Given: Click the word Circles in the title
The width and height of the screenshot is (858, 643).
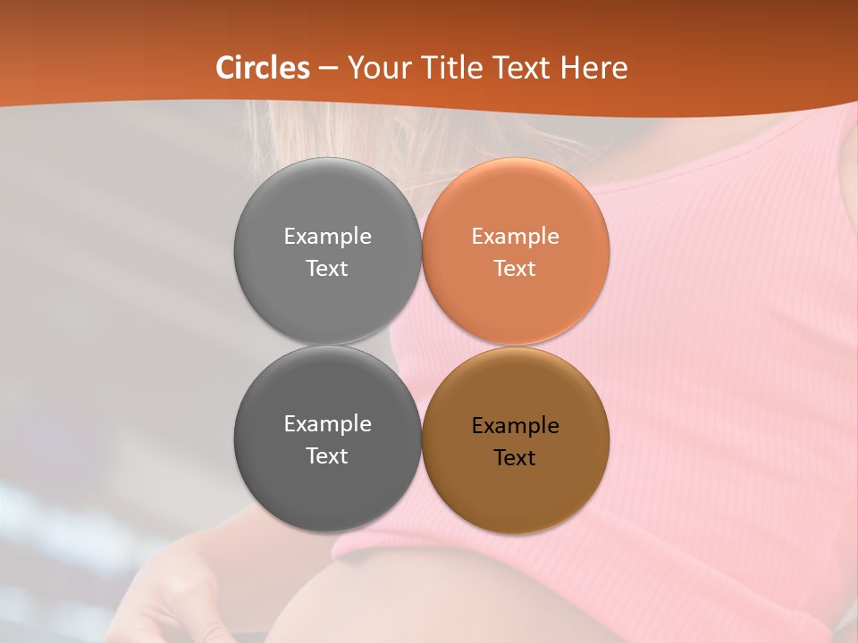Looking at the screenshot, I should (263, 68).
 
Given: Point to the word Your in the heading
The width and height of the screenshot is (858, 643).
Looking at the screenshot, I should (375, 68).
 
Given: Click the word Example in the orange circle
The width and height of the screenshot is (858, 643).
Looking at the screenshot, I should (515, 237).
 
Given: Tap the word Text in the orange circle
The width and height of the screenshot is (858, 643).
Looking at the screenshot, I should (515, 269).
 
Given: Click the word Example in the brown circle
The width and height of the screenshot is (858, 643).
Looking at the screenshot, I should (515, 426).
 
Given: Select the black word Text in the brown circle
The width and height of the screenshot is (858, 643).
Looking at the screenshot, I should (515, 458).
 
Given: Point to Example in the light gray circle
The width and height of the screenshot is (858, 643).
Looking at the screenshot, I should (327, 237).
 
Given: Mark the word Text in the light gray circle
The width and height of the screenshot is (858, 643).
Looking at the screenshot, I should (327, 269).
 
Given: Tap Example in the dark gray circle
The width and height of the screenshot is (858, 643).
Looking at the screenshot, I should (327, 424).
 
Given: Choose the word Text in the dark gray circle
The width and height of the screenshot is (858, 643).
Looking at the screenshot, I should (327, 456).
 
